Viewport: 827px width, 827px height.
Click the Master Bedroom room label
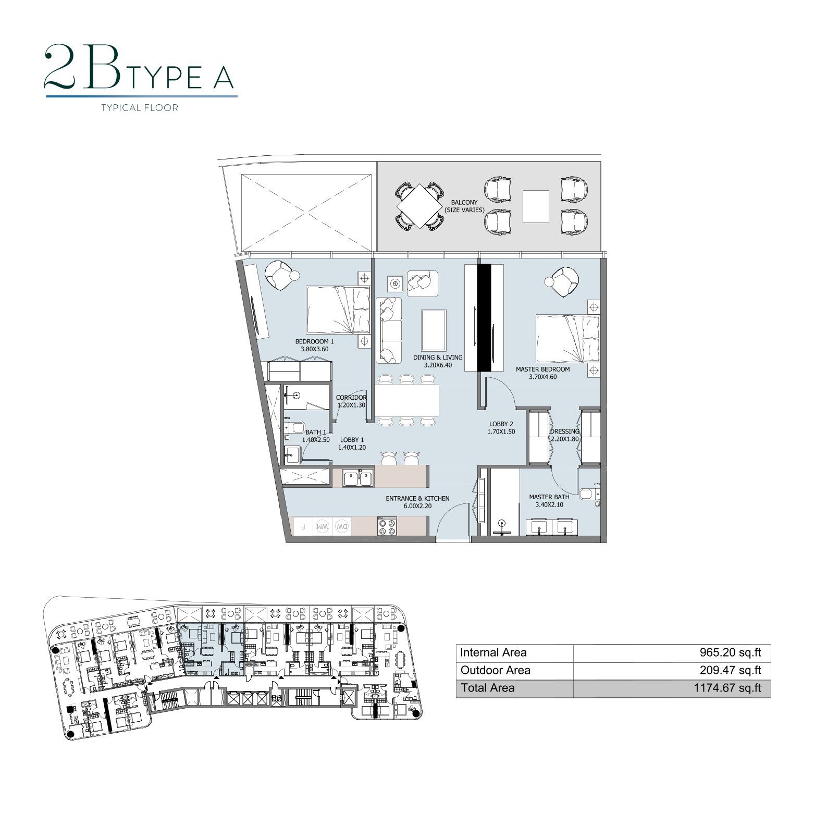pyautogui.click(x=542, y=369)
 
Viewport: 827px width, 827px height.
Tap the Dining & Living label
pyautogui.click(x=438, y=357)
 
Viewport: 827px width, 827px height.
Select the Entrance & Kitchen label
pyautogui.click(x=417, y=498)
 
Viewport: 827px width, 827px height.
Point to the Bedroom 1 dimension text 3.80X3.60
pyautogui.click(x=314, y=349)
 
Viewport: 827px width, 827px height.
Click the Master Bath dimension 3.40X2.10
pyautogui.click(x=549, y=504)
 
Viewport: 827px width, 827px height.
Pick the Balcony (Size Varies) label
pyautogui.click(x=464, y=206)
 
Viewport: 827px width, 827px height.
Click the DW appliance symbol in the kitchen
pyautogui.click(x=342, y=526)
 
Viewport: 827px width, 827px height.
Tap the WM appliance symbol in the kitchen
pyautogui.click(x=322, y=526)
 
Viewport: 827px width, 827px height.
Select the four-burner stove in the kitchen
pyautogui.click(x=387, y=526)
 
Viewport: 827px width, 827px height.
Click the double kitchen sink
pyautogui.click(x=357, y=478)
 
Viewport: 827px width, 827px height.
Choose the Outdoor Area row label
pyautogui.click(x=496, y=670)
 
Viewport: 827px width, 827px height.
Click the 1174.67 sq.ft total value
pyautogui.click(x=727, y=688)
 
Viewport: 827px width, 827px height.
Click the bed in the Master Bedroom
pyautogui.click(x=567, y=338)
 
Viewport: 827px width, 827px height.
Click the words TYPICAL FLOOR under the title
pyautogui.click(x=140, y=108)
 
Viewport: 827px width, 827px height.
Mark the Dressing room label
pyautogui.click(x=565, y=431)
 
